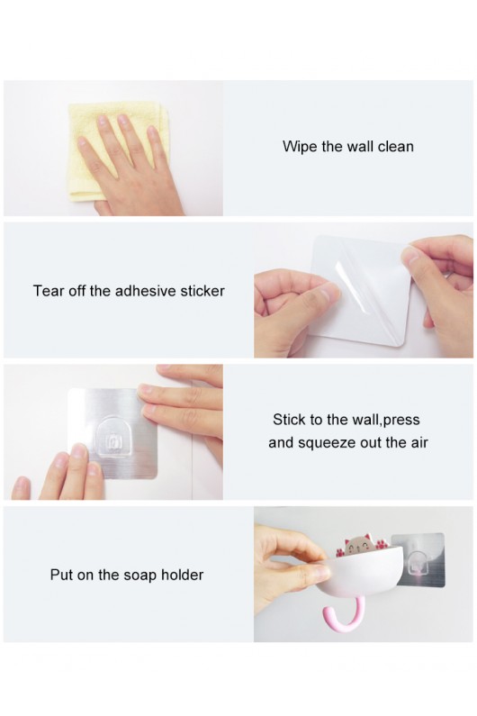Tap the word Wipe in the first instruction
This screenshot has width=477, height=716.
(300, 147)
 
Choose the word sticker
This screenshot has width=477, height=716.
(202, 291)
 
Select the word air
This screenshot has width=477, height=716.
(419, 442)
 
